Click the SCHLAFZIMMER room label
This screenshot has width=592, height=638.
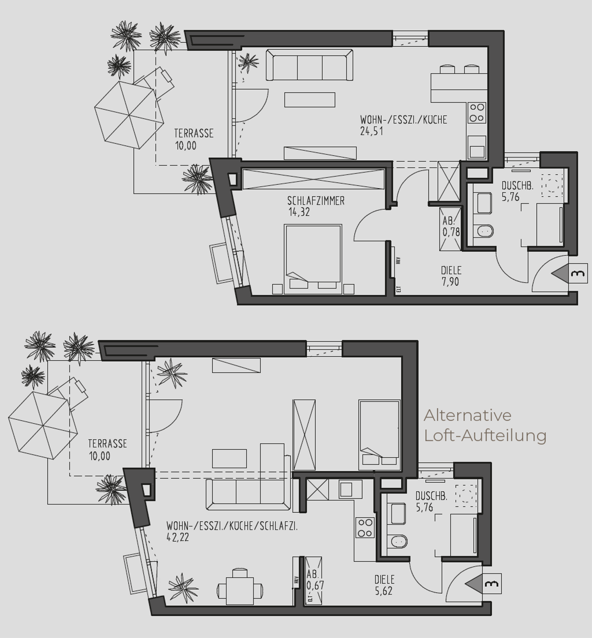pos(316,201)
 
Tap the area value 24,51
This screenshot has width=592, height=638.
pos(371,132)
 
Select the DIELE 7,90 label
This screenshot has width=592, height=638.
pos(451,275)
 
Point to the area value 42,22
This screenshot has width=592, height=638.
pos(178,537)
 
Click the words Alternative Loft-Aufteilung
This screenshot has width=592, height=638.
pos(485,426)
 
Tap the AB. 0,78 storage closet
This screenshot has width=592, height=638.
pos(451,229)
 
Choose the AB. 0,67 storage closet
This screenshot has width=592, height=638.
pos(314,581)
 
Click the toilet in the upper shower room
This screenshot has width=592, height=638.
pos(484,231)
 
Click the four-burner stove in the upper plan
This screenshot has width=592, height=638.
pos(477,113)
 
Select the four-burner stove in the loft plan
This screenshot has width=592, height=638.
pos(365,528)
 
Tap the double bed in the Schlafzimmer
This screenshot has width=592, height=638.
pos(313,259)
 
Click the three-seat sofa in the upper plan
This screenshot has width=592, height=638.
pos(309,65)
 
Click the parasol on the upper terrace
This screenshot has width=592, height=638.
pos(129,115)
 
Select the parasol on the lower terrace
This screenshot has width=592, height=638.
pos(43,425)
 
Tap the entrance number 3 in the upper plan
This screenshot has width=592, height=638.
pos(579,274)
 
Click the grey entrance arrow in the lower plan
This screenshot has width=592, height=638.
pos(474,583)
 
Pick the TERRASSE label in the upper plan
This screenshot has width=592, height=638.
pos(194,134)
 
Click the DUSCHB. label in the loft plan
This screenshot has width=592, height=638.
pos(431,496)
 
